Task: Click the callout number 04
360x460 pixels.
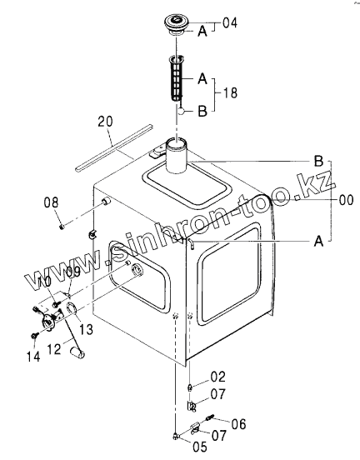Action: point(230,22)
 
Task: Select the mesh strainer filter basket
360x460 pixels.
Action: point(176,78)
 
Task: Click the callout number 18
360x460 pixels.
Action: point(230,92)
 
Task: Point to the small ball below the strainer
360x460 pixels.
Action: point(182,111)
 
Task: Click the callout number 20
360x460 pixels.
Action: point(105,121)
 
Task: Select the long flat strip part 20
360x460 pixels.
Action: point(114,148)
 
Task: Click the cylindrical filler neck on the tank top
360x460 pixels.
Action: point(177,156)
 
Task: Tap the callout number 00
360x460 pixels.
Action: point(346,200)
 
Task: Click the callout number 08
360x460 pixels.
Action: point(51,202)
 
